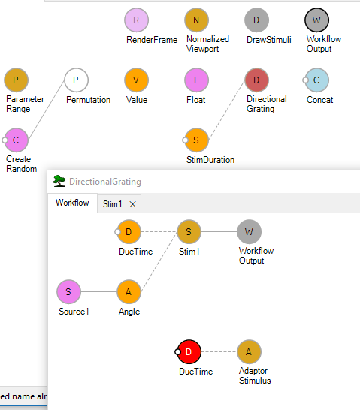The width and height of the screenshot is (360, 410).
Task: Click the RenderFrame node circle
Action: tap(136, 20)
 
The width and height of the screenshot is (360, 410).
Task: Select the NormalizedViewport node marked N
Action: tap(196, 20)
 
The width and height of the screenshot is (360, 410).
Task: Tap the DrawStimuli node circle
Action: tap(256, 20)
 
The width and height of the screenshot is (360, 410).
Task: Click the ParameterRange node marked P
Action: tap(16, 80)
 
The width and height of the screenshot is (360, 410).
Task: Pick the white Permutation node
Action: tap(76, 80)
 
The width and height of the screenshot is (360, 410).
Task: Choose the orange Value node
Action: tap(136, 80)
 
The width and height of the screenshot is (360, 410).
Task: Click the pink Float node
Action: tap(196, 80)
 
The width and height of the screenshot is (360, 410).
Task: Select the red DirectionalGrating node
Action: tap(256, 80)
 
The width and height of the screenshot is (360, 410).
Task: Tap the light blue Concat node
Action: tap(317, 80)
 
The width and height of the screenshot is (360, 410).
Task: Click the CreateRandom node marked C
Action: tap(16, 140)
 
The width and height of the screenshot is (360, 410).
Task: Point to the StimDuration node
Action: tap(196, 140)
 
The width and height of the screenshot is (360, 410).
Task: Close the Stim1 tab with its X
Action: tap(132, 204)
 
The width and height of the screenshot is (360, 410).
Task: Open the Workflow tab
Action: tap(72, 203)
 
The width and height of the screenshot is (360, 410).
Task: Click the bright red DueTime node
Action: tap(189, 352)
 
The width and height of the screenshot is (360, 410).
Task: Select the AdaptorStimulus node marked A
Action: tap(249, 352)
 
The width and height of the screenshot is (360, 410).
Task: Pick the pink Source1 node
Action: tap(68, 292)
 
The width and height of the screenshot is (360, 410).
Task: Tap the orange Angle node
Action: tap(129, 292)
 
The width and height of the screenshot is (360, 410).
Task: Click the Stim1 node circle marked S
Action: tap(189, 232)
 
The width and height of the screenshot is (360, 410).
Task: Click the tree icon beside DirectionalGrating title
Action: tap(59, 181)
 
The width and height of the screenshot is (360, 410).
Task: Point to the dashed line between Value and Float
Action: tap(166, 80)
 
